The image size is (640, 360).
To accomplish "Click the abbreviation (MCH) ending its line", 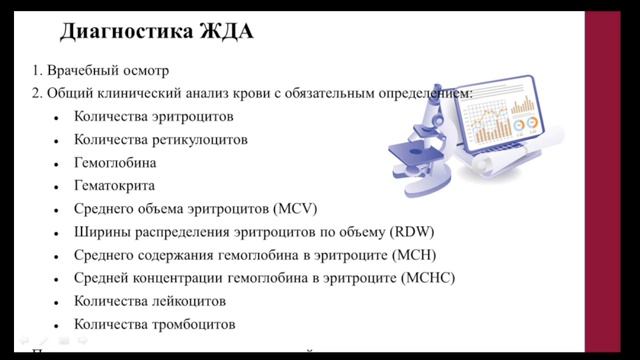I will pos(415,255).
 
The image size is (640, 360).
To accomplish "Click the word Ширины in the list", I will pos(101,232).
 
